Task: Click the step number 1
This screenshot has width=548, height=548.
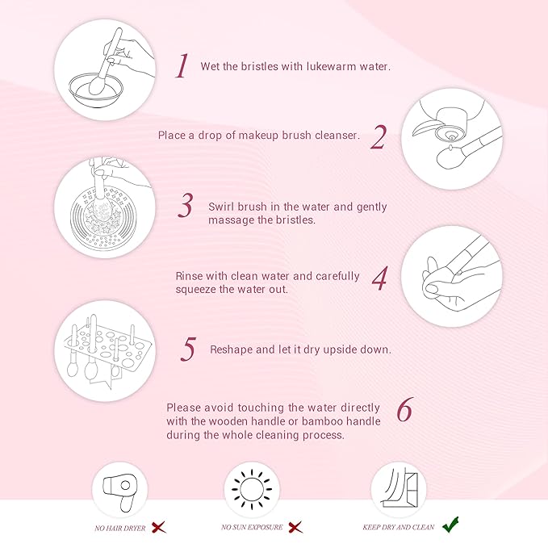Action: click(182, 66)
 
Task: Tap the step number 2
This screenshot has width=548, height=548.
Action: click(379, 137)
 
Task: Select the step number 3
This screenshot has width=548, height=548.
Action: click(186, 207)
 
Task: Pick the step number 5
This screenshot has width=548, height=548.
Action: click(189, 349)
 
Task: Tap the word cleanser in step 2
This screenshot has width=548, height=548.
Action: click(333, 136)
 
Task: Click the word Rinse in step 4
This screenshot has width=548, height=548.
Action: click(190, 276)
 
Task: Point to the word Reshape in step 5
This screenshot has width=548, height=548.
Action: click(232, 349)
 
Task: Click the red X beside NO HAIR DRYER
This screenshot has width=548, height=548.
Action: click(160, 527)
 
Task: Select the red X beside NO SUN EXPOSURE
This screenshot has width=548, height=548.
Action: click(296, 527)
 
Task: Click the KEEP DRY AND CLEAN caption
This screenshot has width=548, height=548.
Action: click(399, 528)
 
